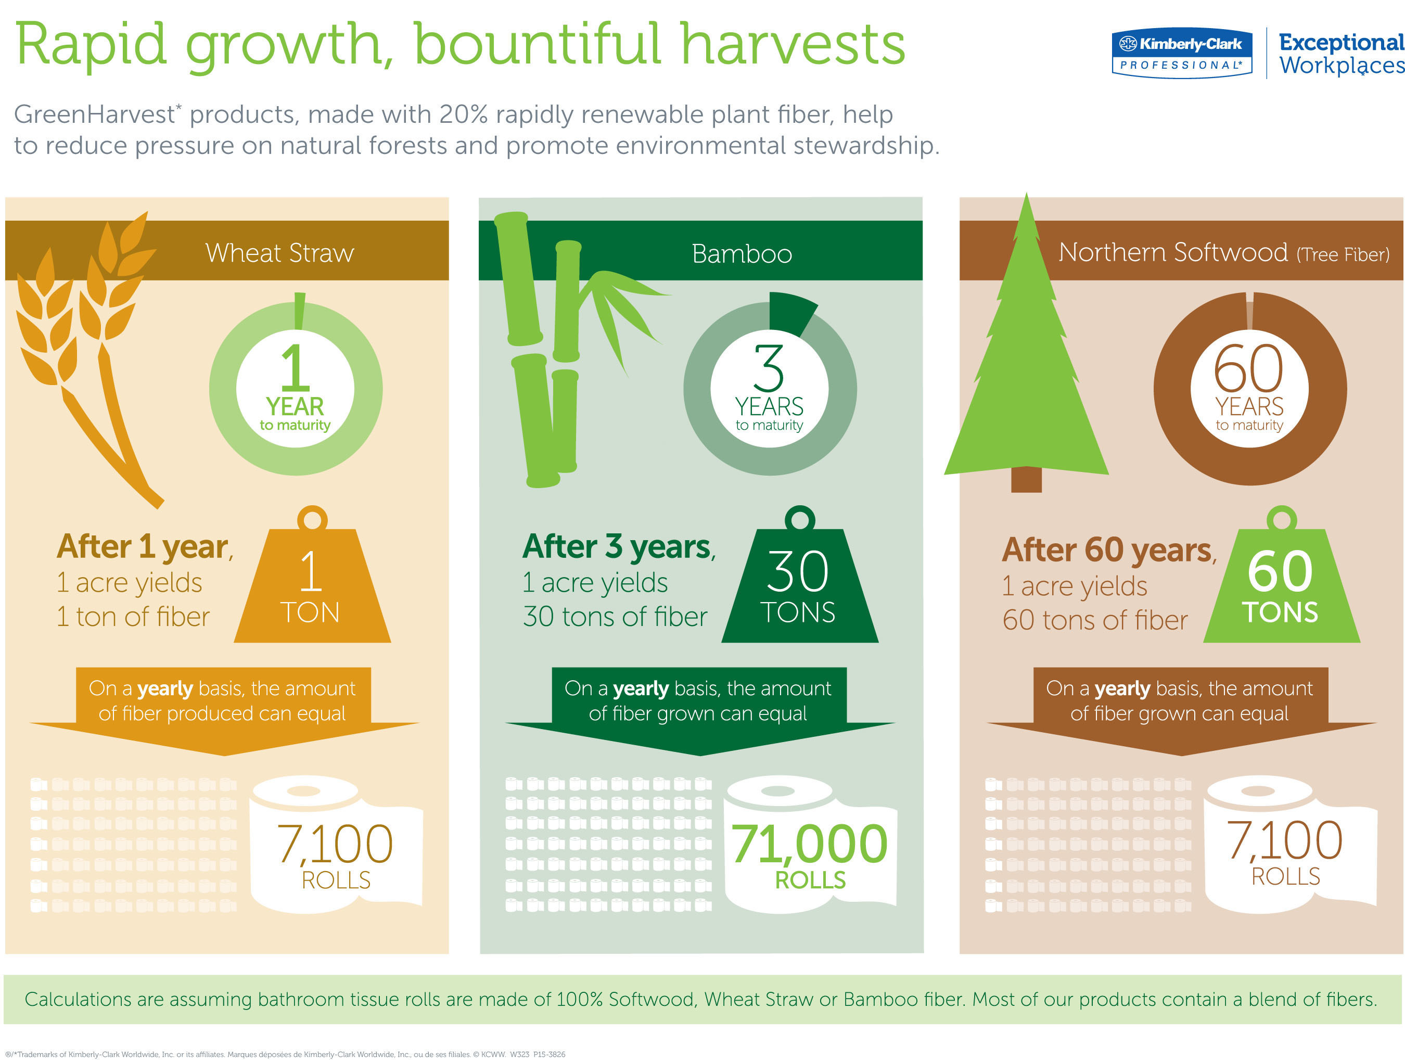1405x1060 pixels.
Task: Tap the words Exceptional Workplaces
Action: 1342,54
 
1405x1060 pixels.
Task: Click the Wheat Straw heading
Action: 279,253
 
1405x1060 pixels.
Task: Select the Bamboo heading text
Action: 742,254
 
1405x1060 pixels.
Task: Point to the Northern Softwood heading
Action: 1224,253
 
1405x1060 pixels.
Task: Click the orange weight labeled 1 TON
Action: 312,575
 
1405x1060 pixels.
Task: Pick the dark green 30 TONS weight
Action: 800,575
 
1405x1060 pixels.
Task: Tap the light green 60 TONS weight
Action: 1281,575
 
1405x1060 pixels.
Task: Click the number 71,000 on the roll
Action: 809,844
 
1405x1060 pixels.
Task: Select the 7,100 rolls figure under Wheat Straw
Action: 335,844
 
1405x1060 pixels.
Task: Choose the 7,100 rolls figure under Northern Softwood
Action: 1284,840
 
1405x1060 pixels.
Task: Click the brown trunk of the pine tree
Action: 1027,479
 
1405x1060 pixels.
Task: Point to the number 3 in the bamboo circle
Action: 769,368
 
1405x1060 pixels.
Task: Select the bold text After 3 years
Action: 619,546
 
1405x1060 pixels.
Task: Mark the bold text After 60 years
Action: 1109,550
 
